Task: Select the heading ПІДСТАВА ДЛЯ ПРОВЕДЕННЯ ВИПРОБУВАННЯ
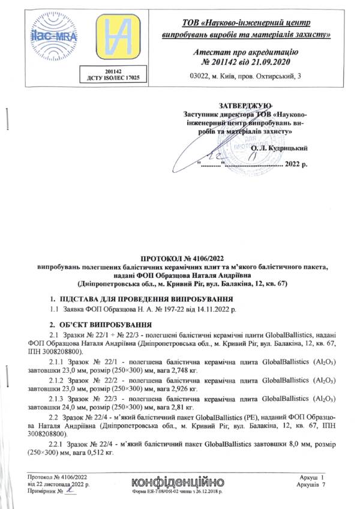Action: click(x=143, y=299)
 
